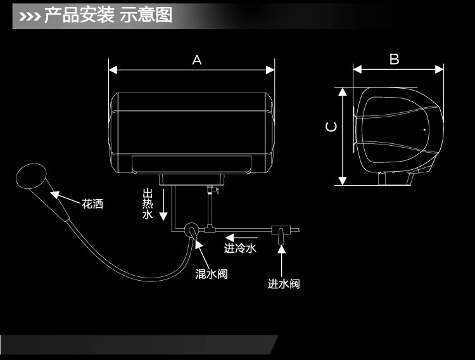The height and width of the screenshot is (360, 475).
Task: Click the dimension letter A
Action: click(197, 60)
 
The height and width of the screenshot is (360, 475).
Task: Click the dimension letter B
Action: click(394, 60)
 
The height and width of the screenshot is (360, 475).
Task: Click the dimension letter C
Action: click(331, 127)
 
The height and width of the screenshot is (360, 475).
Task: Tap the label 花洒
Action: click(92, 204)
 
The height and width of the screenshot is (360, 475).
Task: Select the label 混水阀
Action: click(212, 274)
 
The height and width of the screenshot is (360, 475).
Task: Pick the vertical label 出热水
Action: click(148, 204)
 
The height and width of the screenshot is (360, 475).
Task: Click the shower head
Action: click(32, 176)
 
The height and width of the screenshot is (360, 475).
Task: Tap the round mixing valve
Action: click(190, 230)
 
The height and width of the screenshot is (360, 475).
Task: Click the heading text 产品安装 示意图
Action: click(108, 15)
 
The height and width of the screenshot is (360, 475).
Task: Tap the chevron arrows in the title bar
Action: click(30, 16)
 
